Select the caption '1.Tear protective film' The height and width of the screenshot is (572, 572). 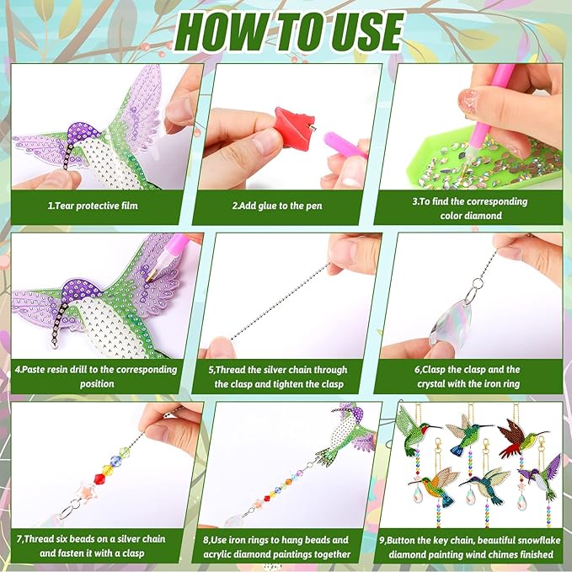pos(93,206)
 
